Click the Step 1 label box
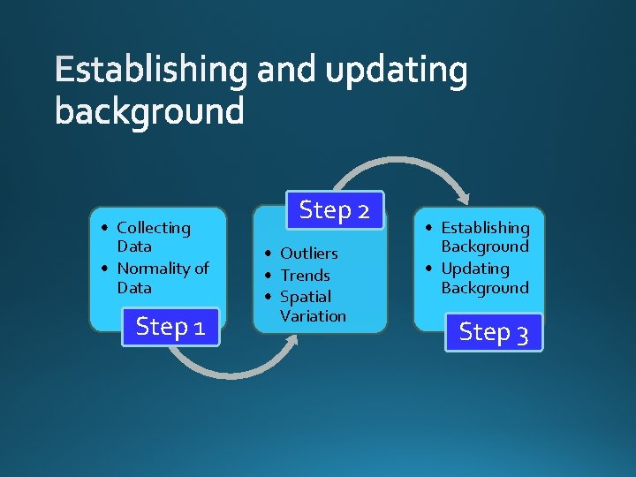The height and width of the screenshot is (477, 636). [x=170, y=327]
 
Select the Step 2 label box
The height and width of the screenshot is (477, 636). [x=334, y=210]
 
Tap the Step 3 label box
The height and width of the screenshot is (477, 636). [x=494, y=332]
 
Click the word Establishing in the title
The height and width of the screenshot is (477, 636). [x=150, y=72]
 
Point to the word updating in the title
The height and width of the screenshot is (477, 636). [x=397, y=72]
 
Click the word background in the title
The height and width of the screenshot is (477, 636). [x=148, y=112]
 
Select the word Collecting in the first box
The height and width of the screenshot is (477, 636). [x=154, y=228]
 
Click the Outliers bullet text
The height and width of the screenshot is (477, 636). [x=308, y=254]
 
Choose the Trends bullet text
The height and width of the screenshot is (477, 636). [x=305, y=276]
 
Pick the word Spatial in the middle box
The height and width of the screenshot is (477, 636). [x=305, y=297]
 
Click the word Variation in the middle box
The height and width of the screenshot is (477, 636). [x=313, y=315]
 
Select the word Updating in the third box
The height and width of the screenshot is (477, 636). [x=475, y=269]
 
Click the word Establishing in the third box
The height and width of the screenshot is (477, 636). [x=485, y=228]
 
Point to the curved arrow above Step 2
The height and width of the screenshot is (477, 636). [x=415, y=168]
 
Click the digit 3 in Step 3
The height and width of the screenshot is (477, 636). [x=522, y=334]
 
